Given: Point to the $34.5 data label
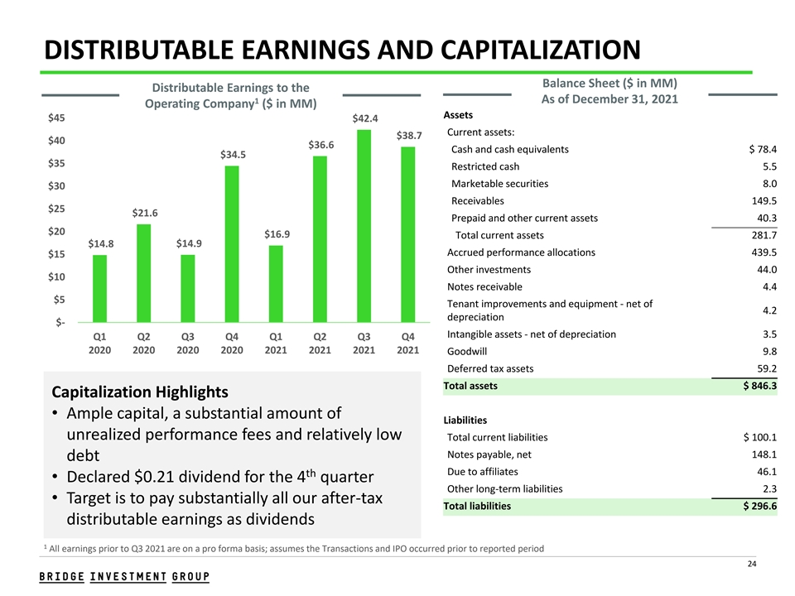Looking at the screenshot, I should tap(232, 154).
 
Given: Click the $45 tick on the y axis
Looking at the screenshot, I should tap(58, 118).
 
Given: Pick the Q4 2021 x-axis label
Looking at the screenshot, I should tap(407, 344).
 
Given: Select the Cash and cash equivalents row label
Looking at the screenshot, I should tap(510, 150).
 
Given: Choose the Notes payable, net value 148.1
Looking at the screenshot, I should tap(763, 454).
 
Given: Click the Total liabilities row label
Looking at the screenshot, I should tap(477, 506).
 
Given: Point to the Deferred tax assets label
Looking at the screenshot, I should tap(490, 368).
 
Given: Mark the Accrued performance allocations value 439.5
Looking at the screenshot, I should tap(763, 252).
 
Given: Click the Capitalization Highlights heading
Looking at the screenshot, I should tap(139, 391).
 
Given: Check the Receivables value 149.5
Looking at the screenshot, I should tap(763, 201).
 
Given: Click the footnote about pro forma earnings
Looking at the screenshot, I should tap(293, 548).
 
